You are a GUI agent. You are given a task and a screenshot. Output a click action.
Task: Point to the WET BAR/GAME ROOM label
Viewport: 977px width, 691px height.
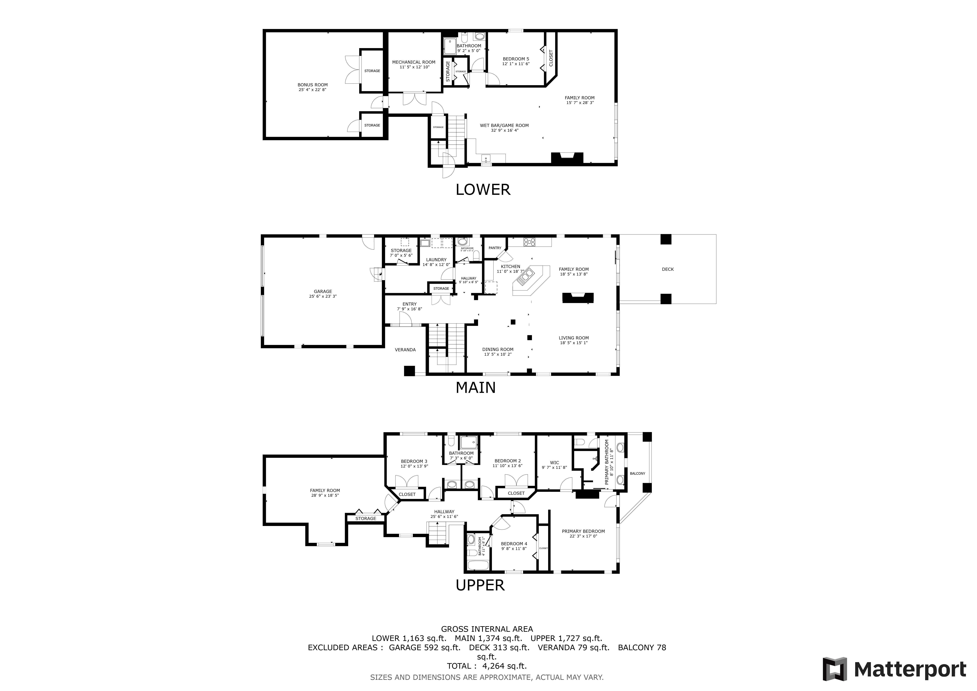pos(504,126)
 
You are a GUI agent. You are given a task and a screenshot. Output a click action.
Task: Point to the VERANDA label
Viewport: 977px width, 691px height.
pos(405,350)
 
